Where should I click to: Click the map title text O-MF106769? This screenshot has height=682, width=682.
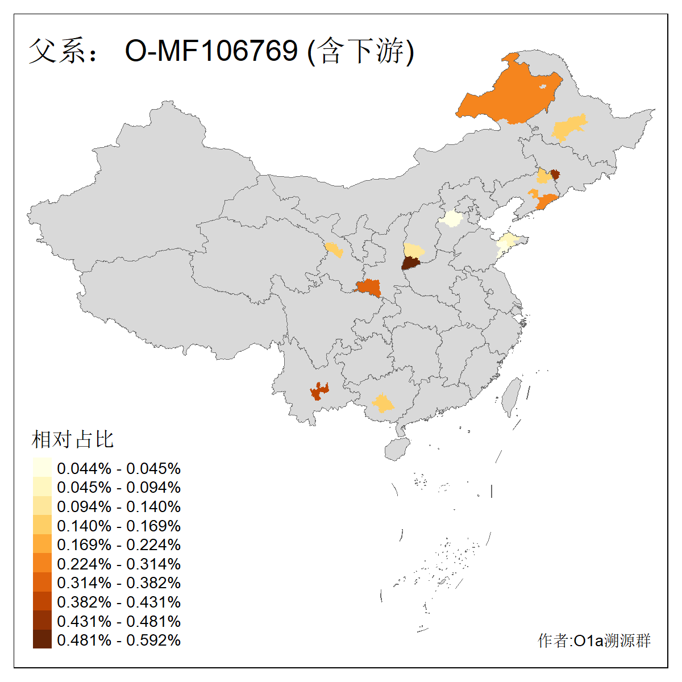211,51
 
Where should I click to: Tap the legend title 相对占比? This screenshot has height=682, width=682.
73,439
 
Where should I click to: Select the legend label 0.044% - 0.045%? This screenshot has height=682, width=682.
119,468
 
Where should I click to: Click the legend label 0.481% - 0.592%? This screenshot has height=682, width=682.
119,640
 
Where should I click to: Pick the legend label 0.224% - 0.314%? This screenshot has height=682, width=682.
119,564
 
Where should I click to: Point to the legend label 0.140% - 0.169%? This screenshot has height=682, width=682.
119,526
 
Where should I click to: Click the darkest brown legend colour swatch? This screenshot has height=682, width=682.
42,639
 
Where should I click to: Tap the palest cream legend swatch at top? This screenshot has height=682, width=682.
42,467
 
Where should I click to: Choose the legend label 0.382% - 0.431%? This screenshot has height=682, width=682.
119,602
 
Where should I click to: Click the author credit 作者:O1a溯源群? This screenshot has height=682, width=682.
594,641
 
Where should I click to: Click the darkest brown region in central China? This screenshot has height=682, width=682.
410,263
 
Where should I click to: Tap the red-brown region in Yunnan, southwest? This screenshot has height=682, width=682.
319,391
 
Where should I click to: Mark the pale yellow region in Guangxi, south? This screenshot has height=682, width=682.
383,404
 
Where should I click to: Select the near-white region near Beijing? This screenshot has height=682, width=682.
452,218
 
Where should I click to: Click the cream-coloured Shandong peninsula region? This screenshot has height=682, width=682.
508,242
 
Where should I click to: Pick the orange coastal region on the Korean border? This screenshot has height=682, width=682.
547,201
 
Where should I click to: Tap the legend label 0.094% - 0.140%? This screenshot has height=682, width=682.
119,506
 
